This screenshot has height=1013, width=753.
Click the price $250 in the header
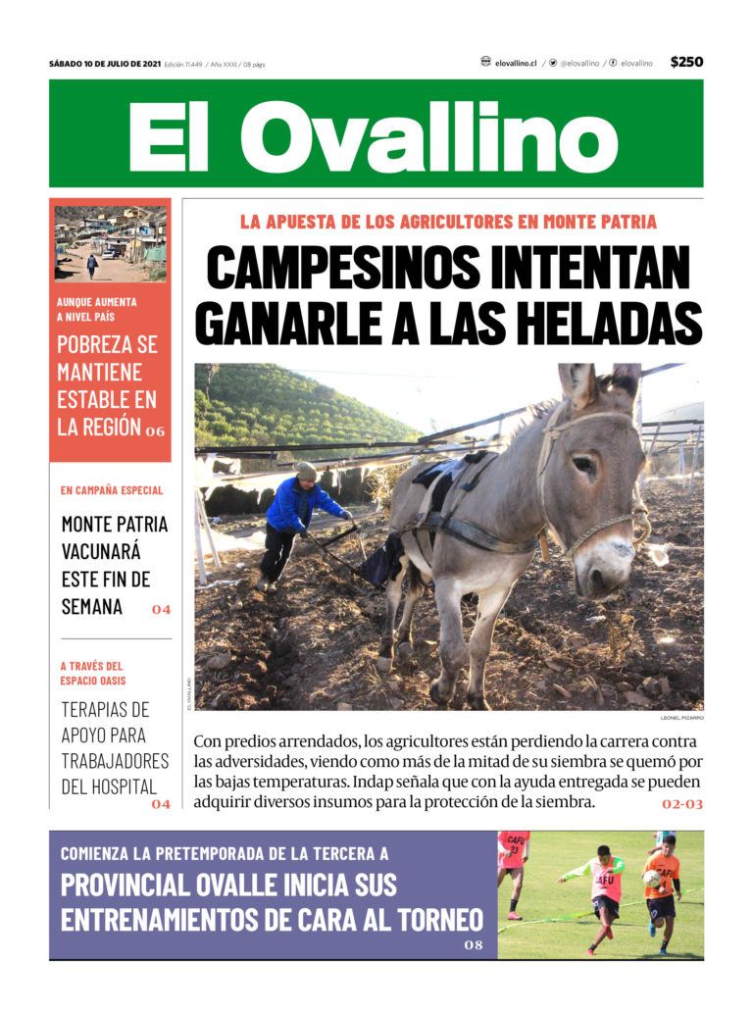coord(686,62)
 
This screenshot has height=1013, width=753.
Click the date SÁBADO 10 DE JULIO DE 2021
coord(105,64)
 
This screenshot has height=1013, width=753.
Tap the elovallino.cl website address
coord(516,63)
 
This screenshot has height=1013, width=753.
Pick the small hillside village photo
coord(110,243)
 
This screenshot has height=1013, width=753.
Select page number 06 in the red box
coord(155,431)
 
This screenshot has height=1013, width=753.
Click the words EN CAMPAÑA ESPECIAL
coord(112,490)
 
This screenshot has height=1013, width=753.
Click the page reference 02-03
coord(682,804)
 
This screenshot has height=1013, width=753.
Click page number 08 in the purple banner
coord(475,945)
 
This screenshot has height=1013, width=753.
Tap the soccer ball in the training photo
coord(652,879)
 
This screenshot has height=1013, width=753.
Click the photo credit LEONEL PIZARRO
coord(681,718)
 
